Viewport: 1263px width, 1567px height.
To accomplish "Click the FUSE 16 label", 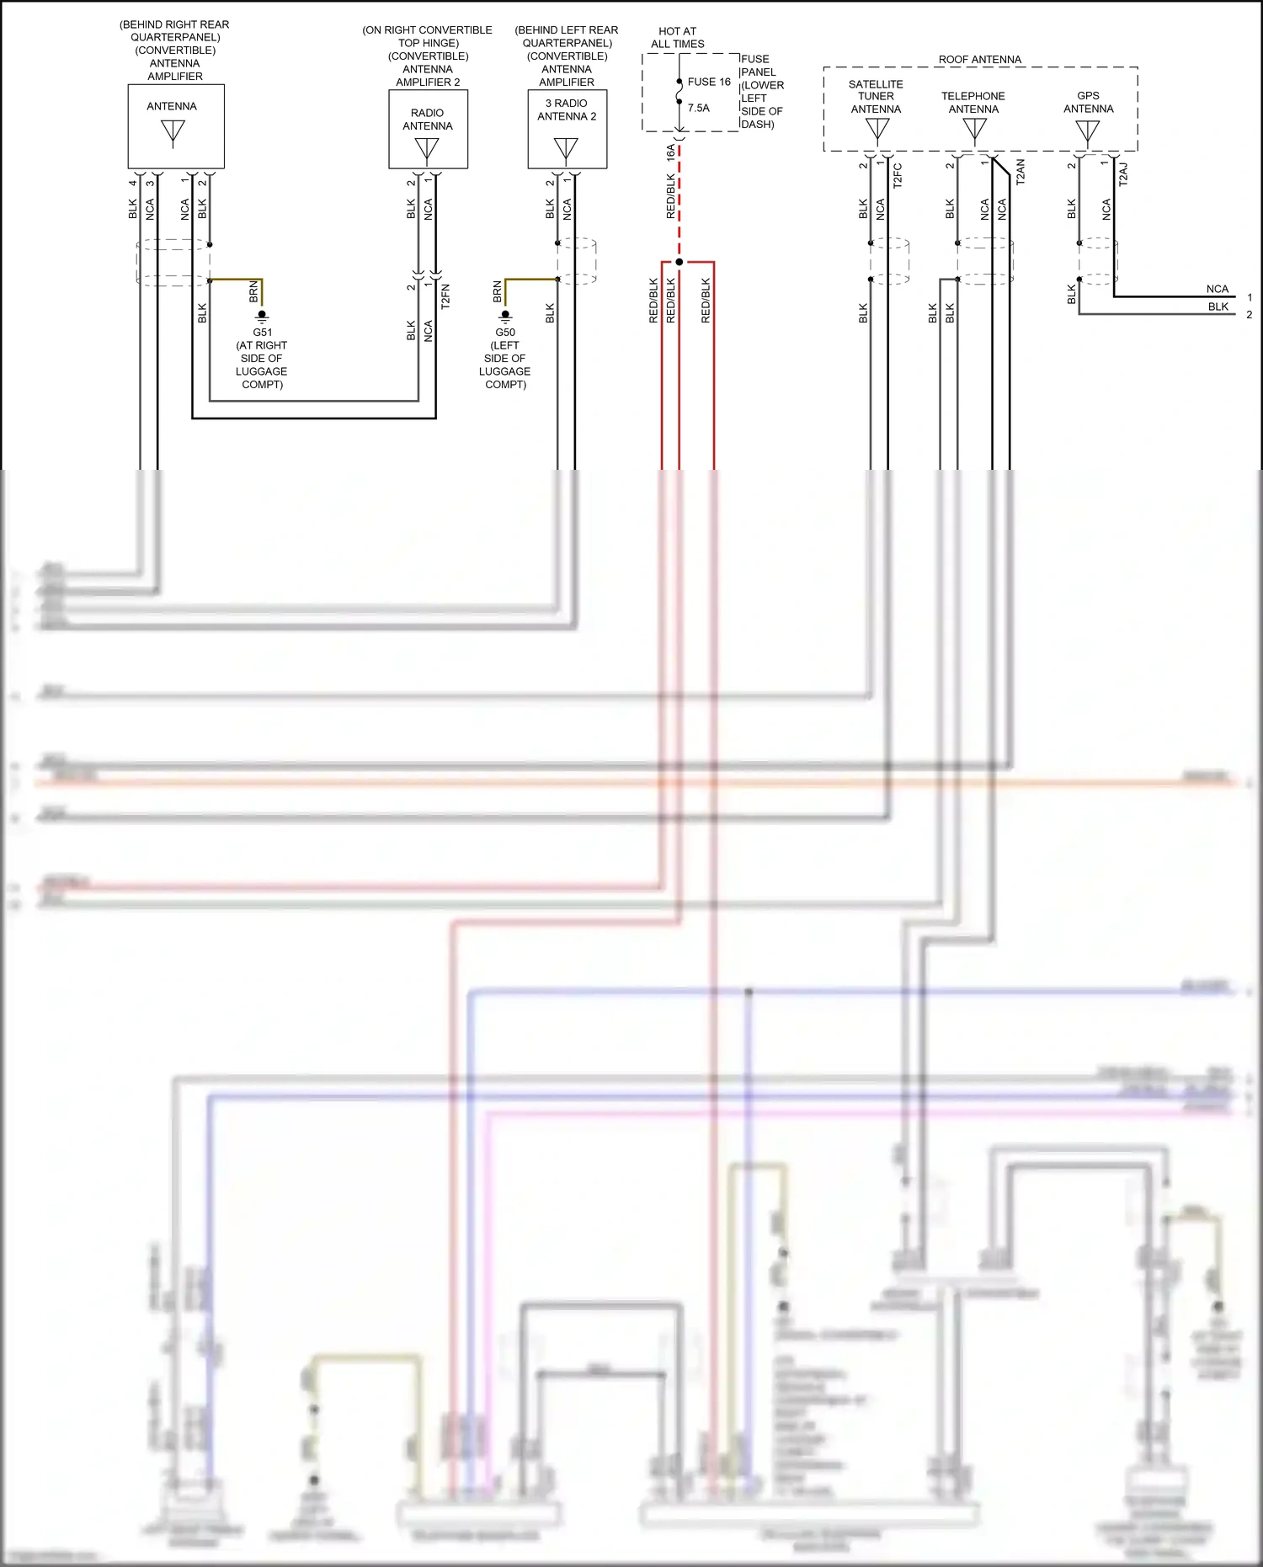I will pyautogui.click(x=709, y=82).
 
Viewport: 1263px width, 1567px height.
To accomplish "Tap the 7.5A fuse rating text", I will pyautogui.click(x=698, y=108).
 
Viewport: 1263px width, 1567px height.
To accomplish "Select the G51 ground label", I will pyautogui.click(x=262, y=332).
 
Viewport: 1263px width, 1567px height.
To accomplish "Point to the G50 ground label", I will pyautogui.click(x=505, y=332).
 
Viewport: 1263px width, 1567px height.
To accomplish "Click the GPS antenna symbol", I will pyautogui.click(x=1087, y=131).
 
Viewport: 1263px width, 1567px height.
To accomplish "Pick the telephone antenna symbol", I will pyautogui.click(x=974, y=129).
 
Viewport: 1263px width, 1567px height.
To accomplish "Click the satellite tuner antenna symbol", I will pyautogui.click(x=877, y=130).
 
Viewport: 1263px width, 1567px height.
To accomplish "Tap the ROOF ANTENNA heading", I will pyautogui.click(x=979, y=59).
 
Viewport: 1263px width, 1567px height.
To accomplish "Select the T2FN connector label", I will pyautogui.click(x=445, y=296).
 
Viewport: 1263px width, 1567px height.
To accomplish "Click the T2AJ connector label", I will pyautogui.click(x=1122, y=174).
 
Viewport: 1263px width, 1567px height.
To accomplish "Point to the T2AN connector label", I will pyautogui.click(x=1020, y=172).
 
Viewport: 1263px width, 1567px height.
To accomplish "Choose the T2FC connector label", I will pyautogui.click(x=898, y=175).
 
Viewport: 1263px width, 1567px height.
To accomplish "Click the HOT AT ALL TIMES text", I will pyautogui.click(x=677, y=37).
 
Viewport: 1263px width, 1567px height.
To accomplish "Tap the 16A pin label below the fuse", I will pyautogui.click(x=670, y=152).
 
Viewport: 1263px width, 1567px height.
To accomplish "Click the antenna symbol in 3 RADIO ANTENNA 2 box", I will pyautogui.click(x=566, y=149).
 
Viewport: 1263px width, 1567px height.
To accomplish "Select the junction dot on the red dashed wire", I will pyautogui.click(x=679, y=262).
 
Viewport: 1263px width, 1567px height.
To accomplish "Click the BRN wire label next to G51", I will pyautogui.click(x=253, y=292).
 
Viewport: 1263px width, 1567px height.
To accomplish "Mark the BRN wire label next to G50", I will pyautogui.click(x=497, y=291).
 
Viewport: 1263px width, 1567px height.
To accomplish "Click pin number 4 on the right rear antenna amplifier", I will pyautogui.click(x=132, y=183).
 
